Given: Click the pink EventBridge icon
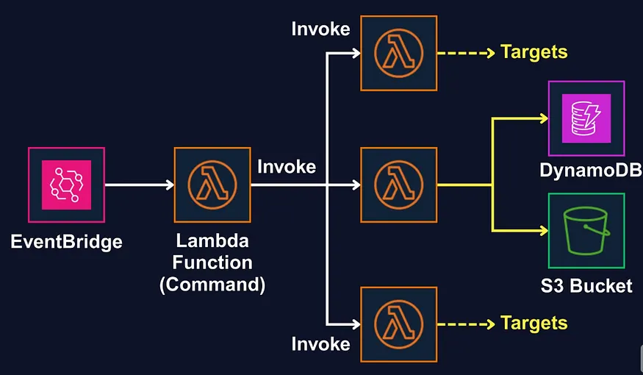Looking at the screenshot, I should click(x=66, y=185).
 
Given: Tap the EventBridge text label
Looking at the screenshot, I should click(x=66, y=241).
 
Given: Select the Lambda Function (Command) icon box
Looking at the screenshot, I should click(x=212, y=185).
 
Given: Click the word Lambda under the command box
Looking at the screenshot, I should click(x=212, y=241).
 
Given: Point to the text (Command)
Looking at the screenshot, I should click(x=212, y=285).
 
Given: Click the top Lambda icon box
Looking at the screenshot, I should click(x=398, y=53).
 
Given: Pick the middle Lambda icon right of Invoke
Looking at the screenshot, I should click(x=398, y=185).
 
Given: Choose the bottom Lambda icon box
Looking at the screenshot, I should click(x=398, y=324).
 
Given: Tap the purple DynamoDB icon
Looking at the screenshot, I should click(x=586, y=118).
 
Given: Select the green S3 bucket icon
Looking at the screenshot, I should click(x=586, y=230).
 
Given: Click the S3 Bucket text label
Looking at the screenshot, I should click(x=586, y=286).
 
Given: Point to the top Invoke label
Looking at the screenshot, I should click(x=320, y=29).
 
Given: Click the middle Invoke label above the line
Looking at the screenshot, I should click(x=287, y=166).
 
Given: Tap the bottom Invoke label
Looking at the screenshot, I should click(x=320, y=343).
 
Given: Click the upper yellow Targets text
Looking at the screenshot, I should click(x=534, y=51).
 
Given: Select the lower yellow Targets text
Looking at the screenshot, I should click(x=534, y=323).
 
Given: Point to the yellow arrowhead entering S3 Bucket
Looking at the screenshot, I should click(x=543, y=230).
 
